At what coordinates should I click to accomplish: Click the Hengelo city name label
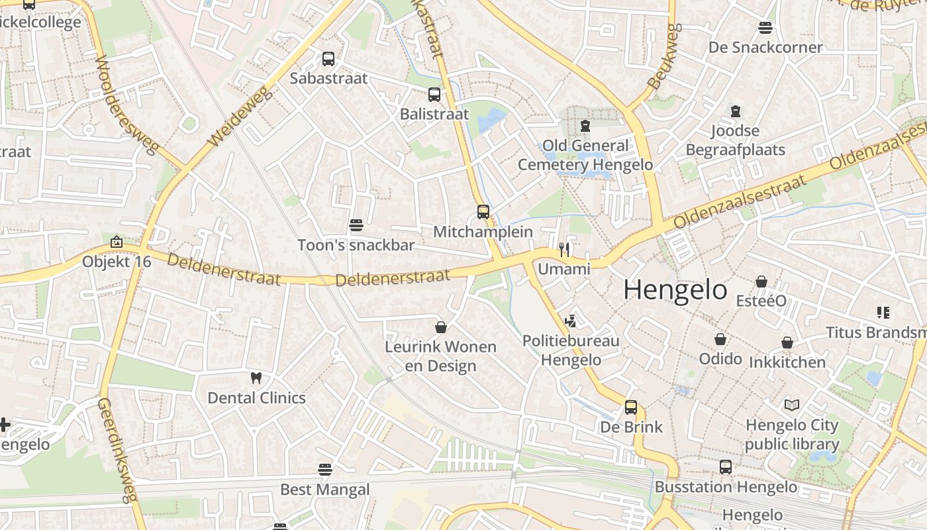click(675, 290)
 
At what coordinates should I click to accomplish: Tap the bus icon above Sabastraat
click(328, 59)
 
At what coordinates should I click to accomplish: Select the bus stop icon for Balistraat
click(434, 95)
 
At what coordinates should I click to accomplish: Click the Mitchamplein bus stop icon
click(483, 212)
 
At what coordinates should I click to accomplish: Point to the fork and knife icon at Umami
click(564, 249)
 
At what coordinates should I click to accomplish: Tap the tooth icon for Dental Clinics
click(256, 378)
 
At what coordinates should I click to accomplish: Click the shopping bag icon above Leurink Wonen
click(441, 327)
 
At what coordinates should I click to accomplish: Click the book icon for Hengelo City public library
click(791, 405)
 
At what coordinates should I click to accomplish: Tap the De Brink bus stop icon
click(631, 407)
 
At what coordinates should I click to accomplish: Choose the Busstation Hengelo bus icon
click(726, 467)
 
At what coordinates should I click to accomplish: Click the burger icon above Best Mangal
click(324, 470)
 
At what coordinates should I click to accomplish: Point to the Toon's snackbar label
click(356, 245)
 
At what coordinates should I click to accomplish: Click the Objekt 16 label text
click(117, 262)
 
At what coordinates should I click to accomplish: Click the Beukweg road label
click(664, 57)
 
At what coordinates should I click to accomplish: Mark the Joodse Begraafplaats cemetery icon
click(735, 111)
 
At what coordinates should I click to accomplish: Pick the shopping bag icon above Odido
click(720, 339)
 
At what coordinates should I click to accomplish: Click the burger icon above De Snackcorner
click(765, 28)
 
